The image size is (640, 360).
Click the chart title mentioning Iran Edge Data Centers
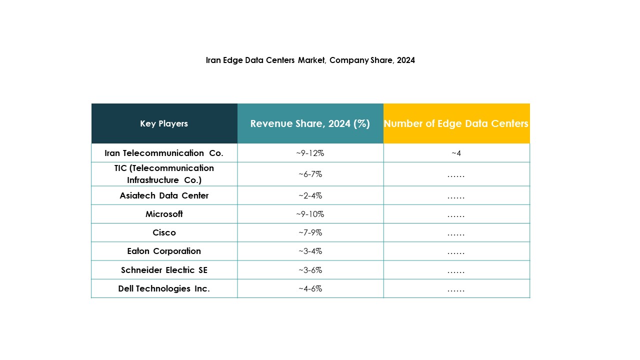tap(310, 60)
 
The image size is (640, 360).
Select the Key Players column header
tap(164, 123)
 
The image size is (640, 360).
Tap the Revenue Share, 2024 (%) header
tap(310, 123)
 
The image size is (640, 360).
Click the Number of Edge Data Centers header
tap(456, 123)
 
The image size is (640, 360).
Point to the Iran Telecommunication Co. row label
tap(164, 153)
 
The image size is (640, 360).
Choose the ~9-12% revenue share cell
tap(310, 153)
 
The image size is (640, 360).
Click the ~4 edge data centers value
tap(456, 153)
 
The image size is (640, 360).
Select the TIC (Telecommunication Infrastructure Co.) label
tap(164, 174)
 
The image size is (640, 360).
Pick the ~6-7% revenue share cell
tap(310, 174)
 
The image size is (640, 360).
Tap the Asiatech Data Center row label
tap(164, 195)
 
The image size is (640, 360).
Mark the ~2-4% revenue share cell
tap(310, 195)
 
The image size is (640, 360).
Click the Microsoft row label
tap(164, 214)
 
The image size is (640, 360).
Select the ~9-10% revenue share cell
tap(310, 214)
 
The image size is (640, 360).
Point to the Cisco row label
tap(164, 232)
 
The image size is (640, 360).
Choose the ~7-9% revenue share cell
tap(310, 232)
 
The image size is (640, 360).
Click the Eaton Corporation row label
tap(164, 251)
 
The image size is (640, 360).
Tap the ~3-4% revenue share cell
tap(310, 251)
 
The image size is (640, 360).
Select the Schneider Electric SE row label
tap(164, 270)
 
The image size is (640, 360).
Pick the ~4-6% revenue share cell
tap(310, 288)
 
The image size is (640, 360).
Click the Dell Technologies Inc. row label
tap(164, 288)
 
